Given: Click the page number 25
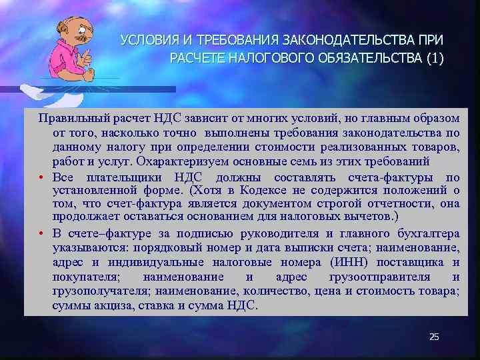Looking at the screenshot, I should [434, 337].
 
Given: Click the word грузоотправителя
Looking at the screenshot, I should [379, 277].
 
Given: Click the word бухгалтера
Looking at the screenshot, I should [426, 233].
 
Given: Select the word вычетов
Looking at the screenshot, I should [365, 217].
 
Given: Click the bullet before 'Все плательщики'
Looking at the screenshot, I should [41, 177].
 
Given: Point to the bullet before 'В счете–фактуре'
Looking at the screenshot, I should [41, 234].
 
